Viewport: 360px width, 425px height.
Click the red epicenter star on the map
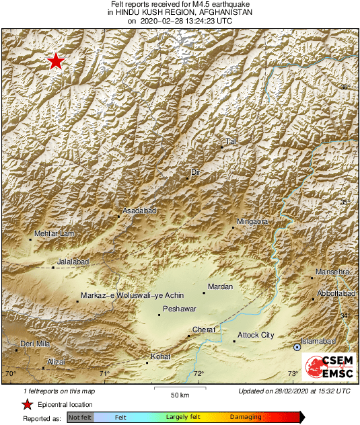(x=56, y=62)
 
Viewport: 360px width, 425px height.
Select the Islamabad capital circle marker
(x=297, y=347)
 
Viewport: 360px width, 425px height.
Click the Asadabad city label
(x=139, y=211)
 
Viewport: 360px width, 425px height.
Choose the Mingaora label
(x=253, y=221)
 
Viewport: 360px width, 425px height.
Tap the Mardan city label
(x=221, y=287)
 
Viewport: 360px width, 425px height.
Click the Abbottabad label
(x=338, y=293)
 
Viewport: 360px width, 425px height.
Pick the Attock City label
(x=256, y=335)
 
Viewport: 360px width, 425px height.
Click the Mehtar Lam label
(x=53, y=233)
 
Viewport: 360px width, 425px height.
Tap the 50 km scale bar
(x=178, y=388)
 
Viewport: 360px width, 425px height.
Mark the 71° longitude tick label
(x=104, y=374)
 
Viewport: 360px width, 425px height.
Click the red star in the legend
(x=27, y=404)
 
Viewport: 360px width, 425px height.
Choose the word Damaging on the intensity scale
(x=246, y=417)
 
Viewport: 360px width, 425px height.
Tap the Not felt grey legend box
(x=80, y=418)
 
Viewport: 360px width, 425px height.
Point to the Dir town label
(x=196, y=173)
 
